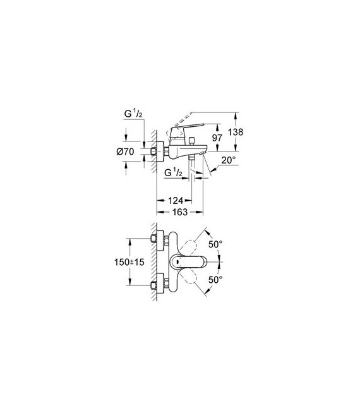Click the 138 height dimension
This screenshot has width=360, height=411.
point(235,132)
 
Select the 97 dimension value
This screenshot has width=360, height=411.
point(217,138)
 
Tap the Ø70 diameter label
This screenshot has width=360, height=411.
point(125,152)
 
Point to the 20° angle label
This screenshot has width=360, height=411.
point(229,160)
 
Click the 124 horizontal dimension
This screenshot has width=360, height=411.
point(175,201)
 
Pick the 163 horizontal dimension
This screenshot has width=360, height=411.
point(180,211)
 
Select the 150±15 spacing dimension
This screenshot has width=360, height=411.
point(129,262)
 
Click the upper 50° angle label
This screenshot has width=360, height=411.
point(215,244)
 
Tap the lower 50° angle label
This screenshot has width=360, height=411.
point(215,280)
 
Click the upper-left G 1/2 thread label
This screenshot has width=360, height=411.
point(133,114)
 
